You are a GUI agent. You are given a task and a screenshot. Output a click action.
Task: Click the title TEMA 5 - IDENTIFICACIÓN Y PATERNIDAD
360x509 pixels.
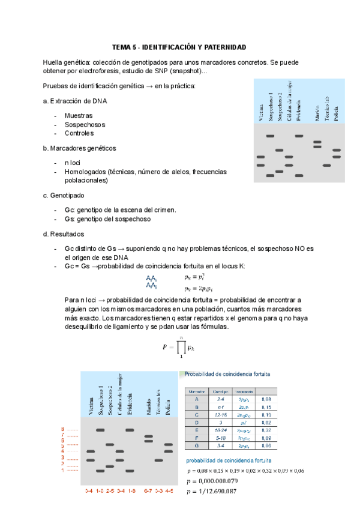click(x=180, y=47)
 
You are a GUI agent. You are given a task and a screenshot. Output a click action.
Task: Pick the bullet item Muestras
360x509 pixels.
click(x=78, y=115)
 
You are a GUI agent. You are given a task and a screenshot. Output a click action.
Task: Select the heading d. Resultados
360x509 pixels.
click(x=64, y=233)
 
